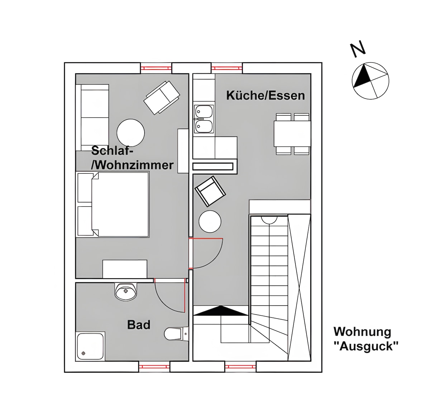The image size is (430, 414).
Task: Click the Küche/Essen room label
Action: pos(266,96)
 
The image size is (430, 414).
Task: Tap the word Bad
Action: pos(139,325)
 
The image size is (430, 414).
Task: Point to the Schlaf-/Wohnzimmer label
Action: pos(132,158)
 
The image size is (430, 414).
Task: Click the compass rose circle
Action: pos(371,81)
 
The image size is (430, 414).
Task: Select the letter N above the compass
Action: pos(358,49)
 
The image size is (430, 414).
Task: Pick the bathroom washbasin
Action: pos(126,292)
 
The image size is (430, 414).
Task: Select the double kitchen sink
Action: pos(204,119)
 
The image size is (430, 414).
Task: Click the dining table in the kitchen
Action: pos(292,134)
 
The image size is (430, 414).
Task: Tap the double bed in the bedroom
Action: pos(113,204)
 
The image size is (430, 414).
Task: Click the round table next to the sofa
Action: pos(130,133)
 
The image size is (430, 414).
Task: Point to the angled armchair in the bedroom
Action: pos(162,98)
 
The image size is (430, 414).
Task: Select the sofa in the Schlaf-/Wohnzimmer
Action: pos(92,117)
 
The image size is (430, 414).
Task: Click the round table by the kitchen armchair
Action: pos(210,221)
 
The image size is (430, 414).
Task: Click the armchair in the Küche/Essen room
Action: pos(210,191)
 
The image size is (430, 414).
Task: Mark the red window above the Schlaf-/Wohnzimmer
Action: pos(156,68)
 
